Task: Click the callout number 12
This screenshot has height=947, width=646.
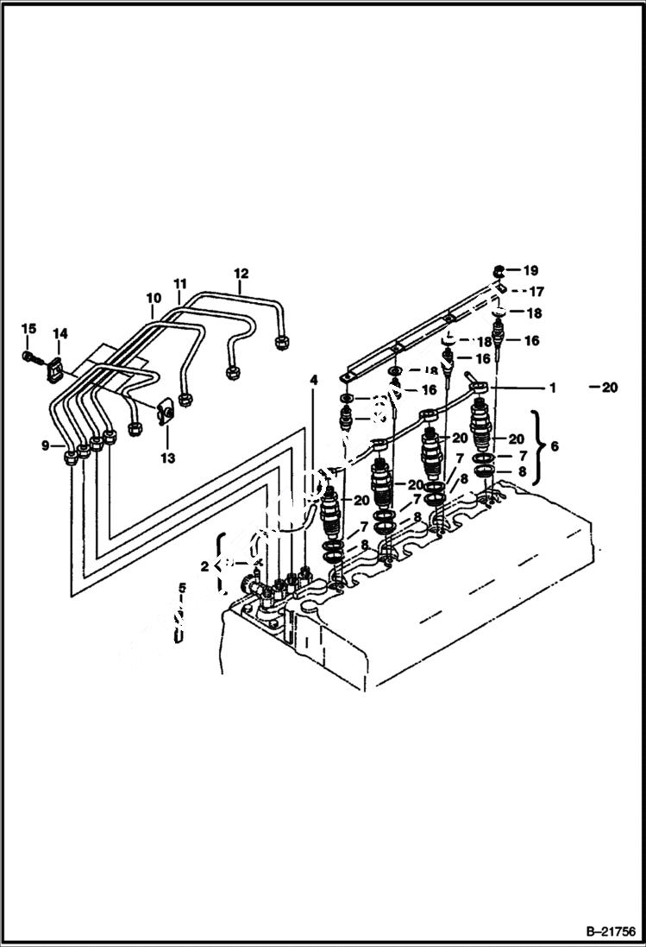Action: click(240, 274)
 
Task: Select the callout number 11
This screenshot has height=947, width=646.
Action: click(179, 284)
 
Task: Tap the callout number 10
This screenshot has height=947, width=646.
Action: click(153, 299)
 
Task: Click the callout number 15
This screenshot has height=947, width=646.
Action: click(28, 328)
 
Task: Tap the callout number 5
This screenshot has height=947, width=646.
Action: click(182, 589)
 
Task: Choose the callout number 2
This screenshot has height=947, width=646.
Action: click(204, 566)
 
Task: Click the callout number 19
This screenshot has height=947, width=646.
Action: click(530, 270)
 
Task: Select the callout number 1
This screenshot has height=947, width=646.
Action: click(552, 388)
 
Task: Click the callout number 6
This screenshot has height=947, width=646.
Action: click(554, 446)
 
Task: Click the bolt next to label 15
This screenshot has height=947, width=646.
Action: click(29, 356)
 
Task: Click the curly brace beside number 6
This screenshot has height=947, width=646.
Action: click(536, 446)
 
